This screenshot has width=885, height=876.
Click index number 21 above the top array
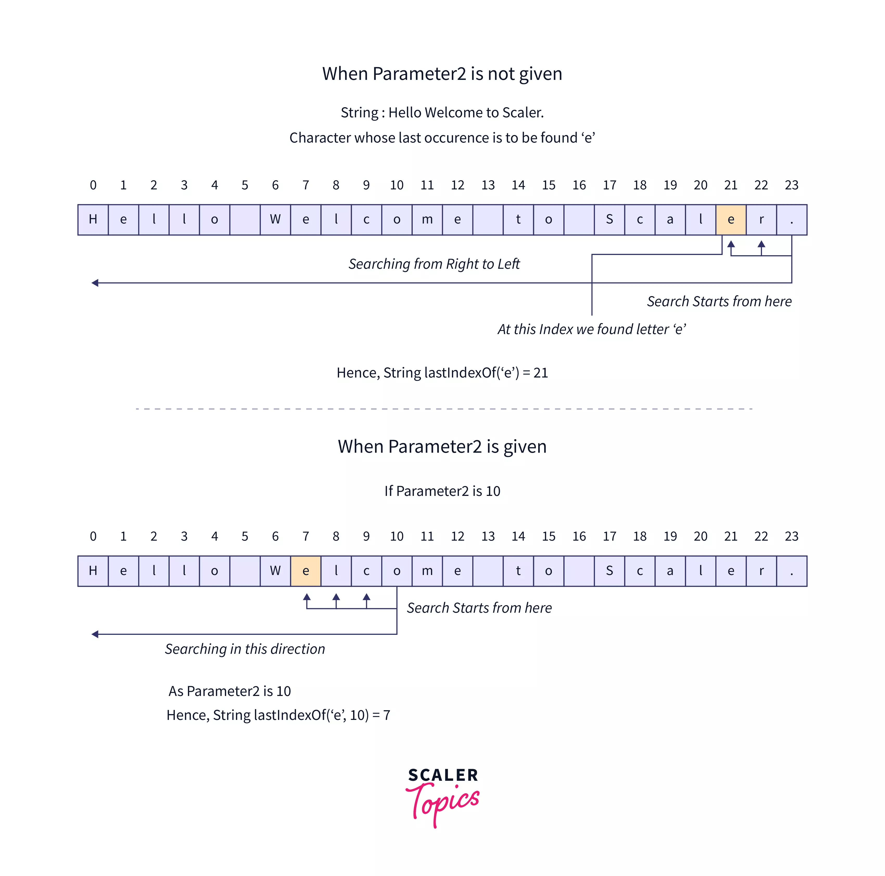[x=731, y=185]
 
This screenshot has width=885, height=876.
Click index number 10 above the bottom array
[x=397, y=536]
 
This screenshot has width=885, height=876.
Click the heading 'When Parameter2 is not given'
[x=442, y=74]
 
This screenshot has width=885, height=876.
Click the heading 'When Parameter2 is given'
[x=442, y=446]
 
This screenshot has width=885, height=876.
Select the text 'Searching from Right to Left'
[x=434, y=264]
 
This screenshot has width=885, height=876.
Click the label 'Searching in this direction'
[x=245, y=649]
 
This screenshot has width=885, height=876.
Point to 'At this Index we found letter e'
[x=591, y=329]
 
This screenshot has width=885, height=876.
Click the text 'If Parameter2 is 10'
[x=442, y=491]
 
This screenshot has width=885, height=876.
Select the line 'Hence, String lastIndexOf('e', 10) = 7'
[x=278, y=715]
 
